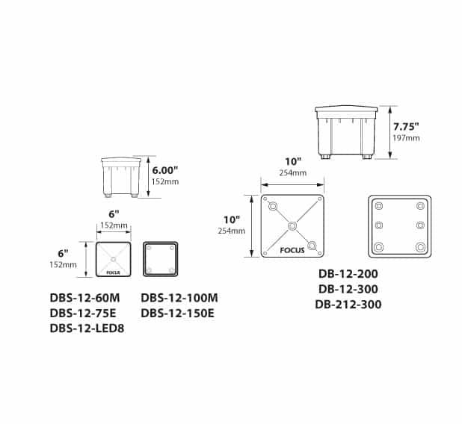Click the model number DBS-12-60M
click(85, 298)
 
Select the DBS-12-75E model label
click(83, 314)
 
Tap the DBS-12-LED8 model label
click(87, 328)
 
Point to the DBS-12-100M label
click(179, 298)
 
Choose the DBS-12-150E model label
click(177, 314)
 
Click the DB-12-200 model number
click(348, 274)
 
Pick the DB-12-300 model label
click(348, 289)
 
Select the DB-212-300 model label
click(348, 305)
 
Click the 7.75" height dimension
click(406, 127)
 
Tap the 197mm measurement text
click(407, 138)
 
